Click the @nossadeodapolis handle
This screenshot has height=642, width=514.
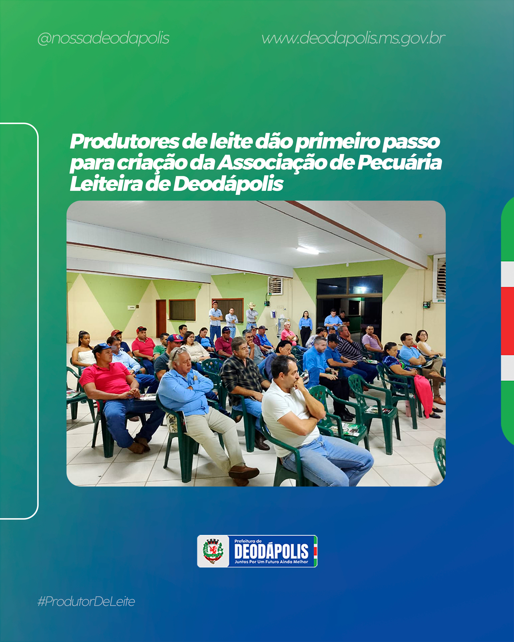click(x=103, y=39)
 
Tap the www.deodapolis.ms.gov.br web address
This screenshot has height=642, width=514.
click(x=353, y=39)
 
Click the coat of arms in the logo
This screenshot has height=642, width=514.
click(x=213, y=551)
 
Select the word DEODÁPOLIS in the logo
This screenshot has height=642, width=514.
click(x=271, y=551)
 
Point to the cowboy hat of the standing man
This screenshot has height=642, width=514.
click(x=252, y=305)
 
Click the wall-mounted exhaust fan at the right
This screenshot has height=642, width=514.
click(x=439, y=278)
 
